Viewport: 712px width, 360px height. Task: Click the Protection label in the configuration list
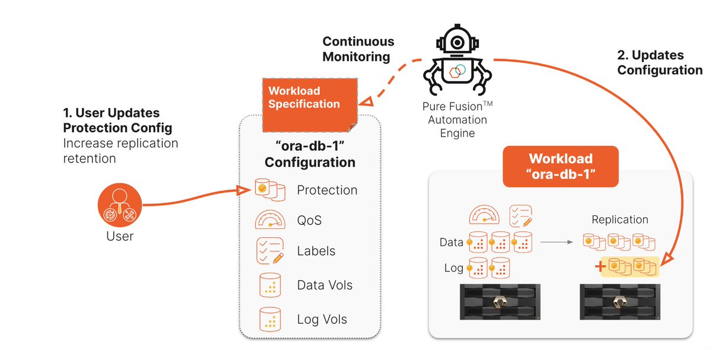coord(327,190)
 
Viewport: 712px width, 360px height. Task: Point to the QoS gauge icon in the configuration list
coord(270,220)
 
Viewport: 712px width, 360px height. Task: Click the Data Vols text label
coord(325,285)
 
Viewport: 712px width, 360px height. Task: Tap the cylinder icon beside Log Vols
coord(270,320)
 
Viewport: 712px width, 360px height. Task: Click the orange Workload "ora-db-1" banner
coord(560,167)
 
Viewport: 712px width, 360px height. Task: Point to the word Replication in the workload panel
coord(620,220)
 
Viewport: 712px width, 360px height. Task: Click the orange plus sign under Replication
coord(599,267)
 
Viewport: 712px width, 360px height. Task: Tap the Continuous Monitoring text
coord(358,49)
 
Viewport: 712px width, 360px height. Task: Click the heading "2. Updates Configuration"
coord(659,63)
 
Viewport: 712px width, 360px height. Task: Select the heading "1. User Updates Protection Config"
coord(117,120)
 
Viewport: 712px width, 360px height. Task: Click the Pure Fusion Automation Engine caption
coord(457,120)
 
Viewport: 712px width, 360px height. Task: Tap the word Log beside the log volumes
coord(453,268)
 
